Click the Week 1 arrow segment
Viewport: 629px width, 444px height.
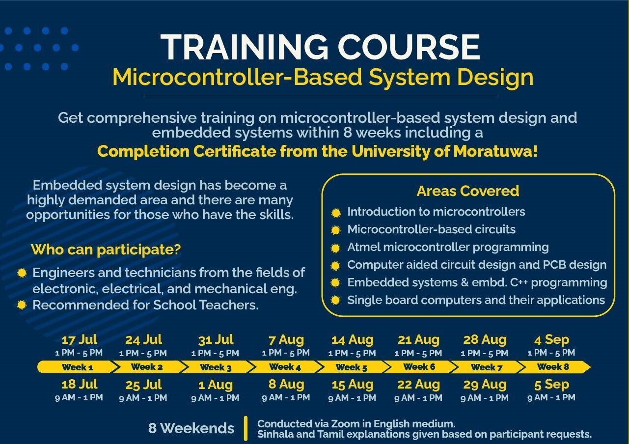click(x=77, y=367)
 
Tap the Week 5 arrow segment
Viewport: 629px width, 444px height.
click(x=351, y=367)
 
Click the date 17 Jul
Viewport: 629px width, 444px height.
click(x=80, y=339)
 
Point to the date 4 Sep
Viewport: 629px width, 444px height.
click(x=552, y=340)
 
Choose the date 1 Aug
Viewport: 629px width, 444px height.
click(x=216, y=385)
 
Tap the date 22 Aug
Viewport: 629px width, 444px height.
click(x=418, y=385)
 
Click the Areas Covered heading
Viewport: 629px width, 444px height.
click(x=468, y=191)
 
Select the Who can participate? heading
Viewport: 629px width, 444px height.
click(x=106, y=250)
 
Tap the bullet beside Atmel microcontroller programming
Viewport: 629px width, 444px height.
click(x=335, y=248)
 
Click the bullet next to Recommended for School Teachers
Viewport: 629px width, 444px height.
click(x=22, y=305)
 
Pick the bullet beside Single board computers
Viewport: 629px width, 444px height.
click(x=335, y=301)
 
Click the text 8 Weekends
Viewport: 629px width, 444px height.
click(x=191, y=428)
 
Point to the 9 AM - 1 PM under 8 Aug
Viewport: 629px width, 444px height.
click(x=286, y=397)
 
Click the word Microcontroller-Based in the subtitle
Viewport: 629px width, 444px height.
click(x=237, y=77)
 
